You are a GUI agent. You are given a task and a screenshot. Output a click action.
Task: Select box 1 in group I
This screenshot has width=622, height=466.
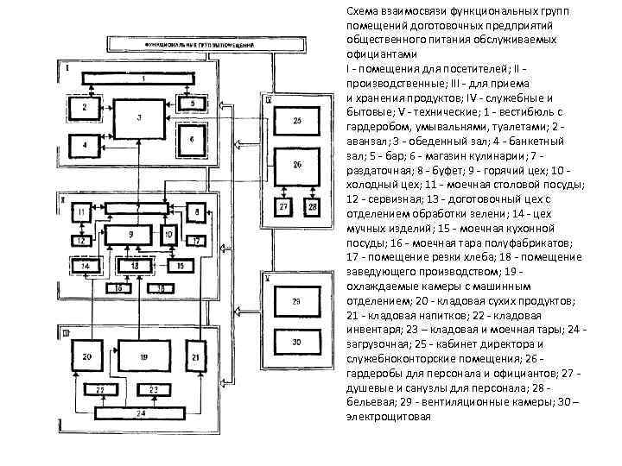pos(143,79)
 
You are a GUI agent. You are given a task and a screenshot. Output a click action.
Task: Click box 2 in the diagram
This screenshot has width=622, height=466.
pos(85,108)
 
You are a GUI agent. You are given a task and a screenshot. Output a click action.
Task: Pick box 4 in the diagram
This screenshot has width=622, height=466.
pos(85,146)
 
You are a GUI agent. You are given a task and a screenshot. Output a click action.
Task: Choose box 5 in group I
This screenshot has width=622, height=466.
pos(194,104)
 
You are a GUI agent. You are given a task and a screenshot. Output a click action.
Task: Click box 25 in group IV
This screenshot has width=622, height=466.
pos(297,122)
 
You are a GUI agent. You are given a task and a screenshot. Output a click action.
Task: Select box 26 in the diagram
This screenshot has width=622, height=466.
pos(297,165)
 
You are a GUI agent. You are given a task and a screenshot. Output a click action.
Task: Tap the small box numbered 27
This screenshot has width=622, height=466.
pos(283,208)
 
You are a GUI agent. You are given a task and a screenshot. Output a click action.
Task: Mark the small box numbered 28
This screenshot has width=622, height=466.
pos(311,208)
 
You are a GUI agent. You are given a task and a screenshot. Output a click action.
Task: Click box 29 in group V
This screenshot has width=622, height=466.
pos(296,301)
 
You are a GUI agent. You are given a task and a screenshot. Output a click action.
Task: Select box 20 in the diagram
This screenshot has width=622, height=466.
pos(86,356)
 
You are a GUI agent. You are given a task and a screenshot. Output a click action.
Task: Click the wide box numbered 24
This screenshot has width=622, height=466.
pos(141,412)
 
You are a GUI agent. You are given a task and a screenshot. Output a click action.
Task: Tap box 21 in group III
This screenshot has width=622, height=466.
pos(196,356)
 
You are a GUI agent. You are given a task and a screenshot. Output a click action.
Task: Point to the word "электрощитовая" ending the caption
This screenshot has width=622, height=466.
pos(388,417)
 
